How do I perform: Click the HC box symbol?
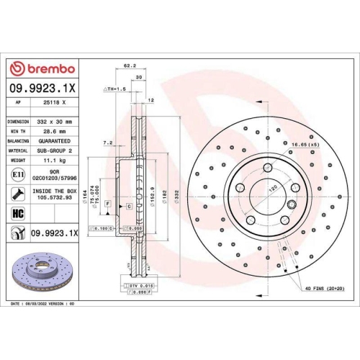tap(17, 214)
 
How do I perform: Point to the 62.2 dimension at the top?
tap(131, 66)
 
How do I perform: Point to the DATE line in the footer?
tap(43, 305)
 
